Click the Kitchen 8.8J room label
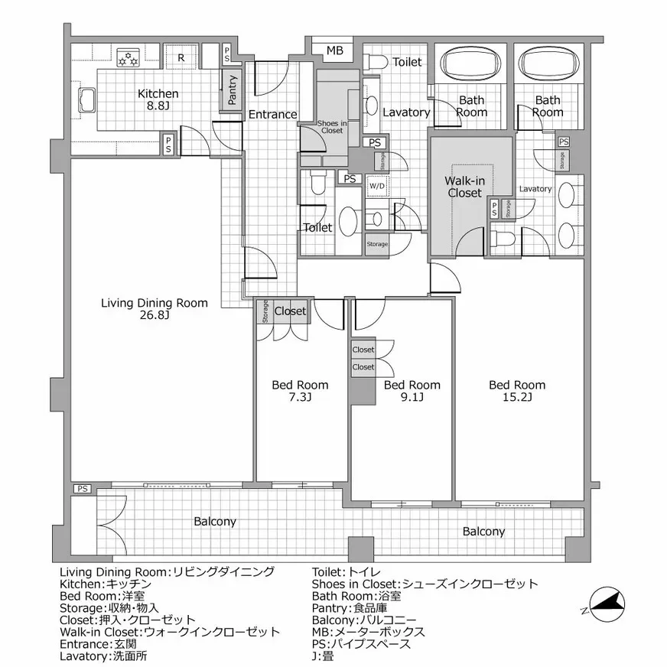tap(158, 100)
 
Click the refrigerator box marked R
tap(181, 57)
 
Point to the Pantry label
tap(233, 90)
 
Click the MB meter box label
tap(335, 51)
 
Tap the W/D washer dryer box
tap(376, 186)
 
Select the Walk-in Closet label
tap(464, 187)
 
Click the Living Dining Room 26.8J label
tap(155, 309)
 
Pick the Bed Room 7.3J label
tap(300, 391)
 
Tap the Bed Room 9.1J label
tap(412, 391)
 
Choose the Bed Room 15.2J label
tap(517, 391)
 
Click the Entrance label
tap(272, 115)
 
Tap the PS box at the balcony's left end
tap(82, 488)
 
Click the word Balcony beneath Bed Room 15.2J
tap(483, 532)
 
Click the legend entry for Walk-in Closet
tap(170, 632)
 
